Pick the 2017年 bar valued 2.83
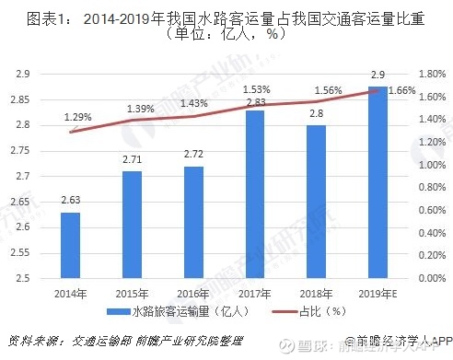(255, 194)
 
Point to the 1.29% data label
(78, 117)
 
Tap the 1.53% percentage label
(257, 88)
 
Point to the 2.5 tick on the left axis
(23, 278)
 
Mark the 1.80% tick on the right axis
(431, 74)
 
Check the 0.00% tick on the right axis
(431, 278)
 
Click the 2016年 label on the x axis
(192, 292)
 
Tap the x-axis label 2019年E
(378, 292)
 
